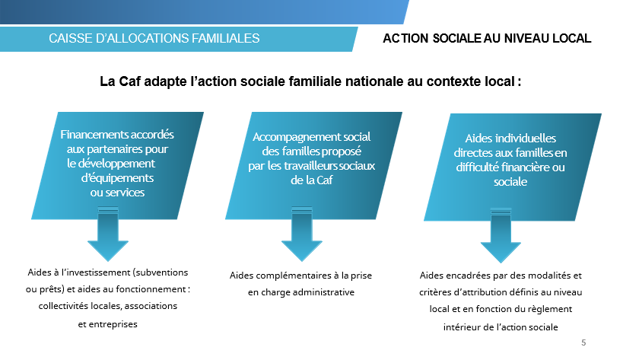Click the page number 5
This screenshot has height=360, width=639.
click(583, 342)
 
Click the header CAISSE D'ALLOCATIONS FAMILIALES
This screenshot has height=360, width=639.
click(154, 38)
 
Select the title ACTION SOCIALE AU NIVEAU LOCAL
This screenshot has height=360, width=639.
click(487, 38)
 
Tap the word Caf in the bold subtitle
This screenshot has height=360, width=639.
click(129, 81)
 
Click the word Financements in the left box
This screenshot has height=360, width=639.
click(94, 135)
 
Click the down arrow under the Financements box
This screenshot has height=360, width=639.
click(108, 234)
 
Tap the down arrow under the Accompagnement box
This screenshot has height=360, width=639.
click(302, 234)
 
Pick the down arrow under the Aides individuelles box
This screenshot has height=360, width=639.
click(501, 236)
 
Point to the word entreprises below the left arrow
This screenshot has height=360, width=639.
click(113, 324)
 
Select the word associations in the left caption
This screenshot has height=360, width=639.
click(151, 306)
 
